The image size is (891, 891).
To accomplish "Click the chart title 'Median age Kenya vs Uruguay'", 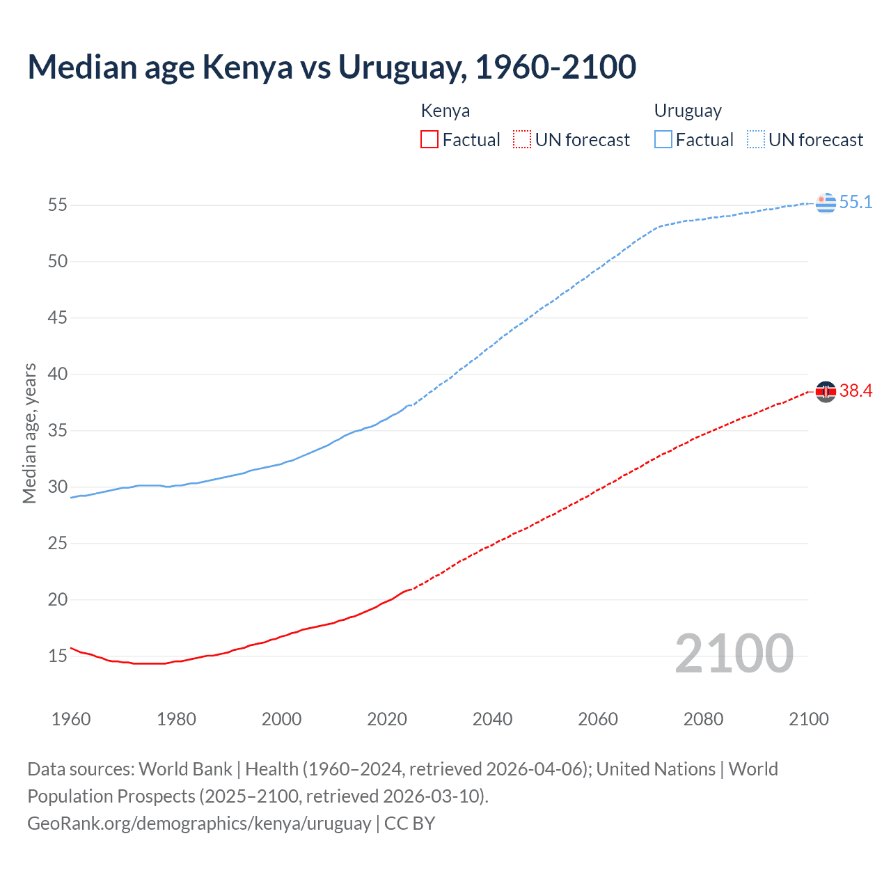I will (x=331, y=67).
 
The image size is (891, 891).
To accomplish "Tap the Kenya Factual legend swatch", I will (x=429, y=140).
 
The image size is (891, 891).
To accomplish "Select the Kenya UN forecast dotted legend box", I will (x=522, y=140).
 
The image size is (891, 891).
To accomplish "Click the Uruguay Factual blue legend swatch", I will (x=663, y=140).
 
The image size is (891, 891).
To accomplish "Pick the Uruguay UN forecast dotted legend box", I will (x=755, y=140).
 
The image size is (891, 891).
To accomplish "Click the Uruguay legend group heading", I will (x=687, y=111).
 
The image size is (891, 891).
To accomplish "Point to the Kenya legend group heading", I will (x=445, y=111).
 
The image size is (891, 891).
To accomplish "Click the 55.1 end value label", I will (x=855, y=202).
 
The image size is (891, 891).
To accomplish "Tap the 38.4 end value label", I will (x=855, y=391).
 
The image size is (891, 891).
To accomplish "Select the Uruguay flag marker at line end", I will (x=826, y=203).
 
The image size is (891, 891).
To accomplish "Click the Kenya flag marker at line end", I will (x=826, y=392).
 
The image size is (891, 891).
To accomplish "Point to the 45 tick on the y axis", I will (x=58, y=318).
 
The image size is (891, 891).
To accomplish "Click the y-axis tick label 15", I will (x=58, y=656).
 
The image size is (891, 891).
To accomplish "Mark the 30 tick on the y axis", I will (x=58, y=487).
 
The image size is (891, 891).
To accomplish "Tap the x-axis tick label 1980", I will (x=176, y=719).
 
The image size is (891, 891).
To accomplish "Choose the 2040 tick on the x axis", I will (x=492, y=719).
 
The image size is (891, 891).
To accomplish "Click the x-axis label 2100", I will (x=808, y=719).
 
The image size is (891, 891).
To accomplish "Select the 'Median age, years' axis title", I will (x=29, y=433).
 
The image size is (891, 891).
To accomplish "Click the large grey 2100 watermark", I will (x=734, y=653).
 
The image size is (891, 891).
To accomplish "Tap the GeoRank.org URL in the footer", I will (x=199, y=823).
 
